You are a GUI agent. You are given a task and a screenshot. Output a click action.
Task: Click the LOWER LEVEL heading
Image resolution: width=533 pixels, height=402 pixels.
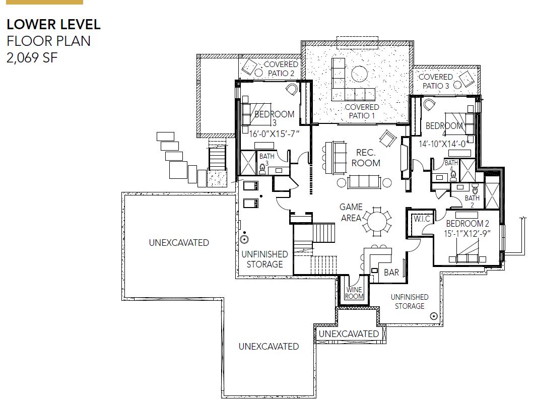click(53, 25)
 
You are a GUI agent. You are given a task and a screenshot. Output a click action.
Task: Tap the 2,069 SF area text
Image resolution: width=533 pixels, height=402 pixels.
click(32, 58)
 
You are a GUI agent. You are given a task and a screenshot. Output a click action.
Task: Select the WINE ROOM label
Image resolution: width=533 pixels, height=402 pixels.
click(354, 293)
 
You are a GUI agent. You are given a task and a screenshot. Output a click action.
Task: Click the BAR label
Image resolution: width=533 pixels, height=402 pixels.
click(391, 272)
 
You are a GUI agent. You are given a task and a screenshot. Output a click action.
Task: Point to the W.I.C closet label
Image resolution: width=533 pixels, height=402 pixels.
click(422, 219)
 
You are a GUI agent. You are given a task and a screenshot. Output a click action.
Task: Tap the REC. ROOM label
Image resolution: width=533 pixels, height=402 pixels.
click(366, 158)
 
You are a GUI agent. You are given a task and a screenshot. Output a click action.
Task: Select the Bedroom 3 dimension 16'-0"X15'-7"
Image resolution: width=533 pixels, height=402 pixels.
click(275, 134)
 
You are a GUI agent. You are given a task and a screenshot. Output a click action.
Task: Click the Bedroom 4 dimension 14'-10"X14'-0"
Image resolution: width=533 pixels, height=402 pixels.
click(444, 144)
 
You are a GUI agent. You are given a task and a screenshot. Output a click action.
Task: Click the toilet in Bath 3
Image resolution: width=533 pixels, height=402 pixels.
click(262, 169)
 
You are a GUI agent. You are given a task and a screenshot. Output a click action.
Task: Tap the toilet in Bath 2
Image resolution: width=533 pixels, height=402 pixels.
click(475, 188)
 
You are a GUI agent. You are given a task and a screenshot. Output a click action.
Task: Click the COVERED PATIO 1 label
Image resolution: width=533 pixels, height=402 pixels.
click(362, 111)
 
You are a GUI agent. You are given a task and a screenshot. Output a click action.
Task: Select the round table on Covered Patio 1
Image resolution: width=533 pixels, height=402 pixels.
click(359, 74)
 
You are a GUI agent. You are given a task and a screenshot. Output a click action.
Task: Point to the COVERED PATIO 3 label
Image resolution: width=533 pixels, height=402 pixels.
click(436, 82)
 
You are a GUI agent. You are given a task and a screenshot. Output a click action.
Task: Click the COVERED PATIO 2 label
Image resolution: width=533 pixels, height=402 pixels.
click(281, 69)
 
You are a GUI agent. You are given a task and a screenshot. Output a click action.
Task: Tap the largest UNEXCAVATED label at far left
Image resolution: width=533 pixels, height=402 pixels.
click(179, 243)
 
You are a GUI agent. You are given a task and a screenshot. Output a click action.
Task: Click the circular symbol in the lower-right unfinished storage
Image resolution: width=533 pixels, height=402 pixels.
click(434, 316)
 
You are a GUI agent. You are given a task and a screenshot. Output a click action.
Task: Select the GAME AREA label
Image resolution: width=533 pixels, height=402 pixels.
click(351, 213)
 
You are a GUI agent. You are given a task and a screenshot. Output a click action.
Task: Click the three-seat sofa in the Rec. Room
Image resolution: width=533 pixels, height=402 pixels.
click(364, 182)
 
